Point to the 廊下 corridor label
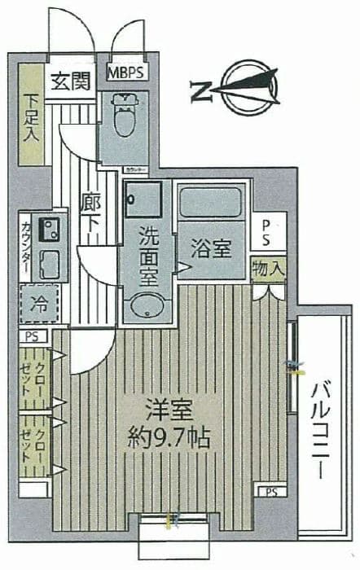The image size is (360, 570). tap(90, 213)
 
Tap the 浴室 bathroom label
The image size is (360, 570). tap(211, 249)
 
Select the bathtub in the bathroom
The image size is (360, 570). tap(210, 201)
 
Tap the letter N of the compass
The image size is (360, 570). tap(198, 89)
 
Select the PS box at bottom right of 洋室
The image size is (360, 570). tap(269, 490)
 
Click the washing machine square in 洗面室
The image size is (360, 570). tap(143, 199)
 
